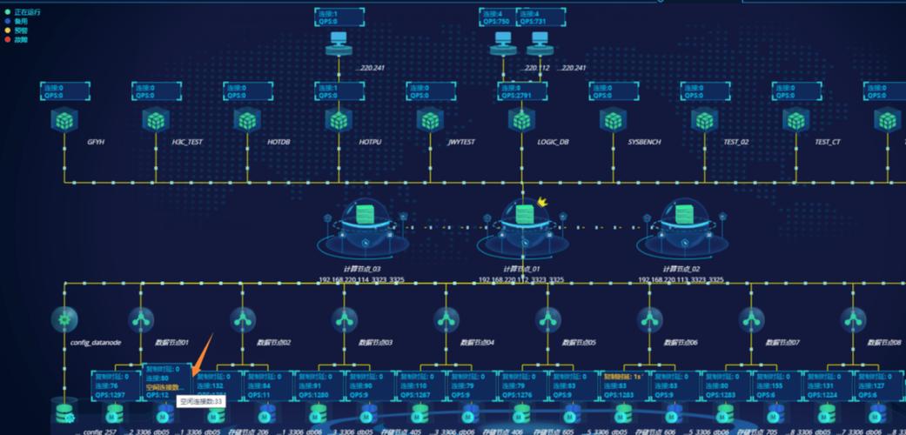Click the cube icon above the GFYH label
tap(64, 120)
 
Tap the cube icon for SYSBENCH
tap(614, 120)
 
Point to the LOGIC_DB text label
tap(554, 142)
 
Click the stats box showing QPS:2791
tap(522, 91)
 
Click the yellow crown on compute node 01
tap(543, 202)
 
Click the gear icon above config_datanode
tap(64, 319)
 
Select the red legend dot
tap(8, 39)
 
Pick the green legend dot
tap(8, 13)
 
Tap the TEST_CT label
tap(828, 142)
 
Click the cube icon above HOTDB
tap(247, 120)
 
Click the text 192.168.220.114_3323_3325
tap(362, 280)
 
